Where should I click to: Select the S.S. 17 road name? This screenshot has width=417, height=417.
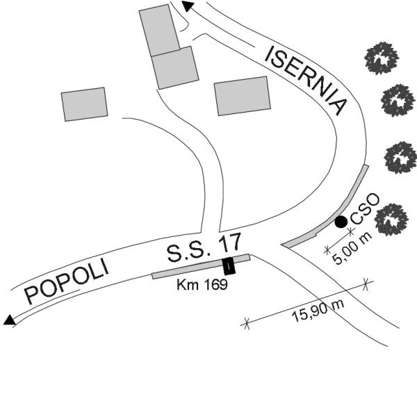point(204,247)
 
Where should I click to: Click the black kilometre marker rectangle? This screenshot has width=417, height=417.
point(229,266)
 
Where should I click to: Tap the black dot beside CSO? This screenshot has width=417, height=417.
point(341,222)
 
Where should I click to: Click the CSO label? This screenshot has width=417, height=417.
point(363,209)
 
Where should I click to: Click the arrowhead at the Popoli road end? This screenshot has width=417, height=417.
point(9,320)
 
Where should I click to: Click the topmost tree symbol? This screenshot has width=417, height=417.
point(381,57)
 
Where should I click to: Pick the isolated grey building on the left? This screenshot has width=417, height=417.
point(85,104)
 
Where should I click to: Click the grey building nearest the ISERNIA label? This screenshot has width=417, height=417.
point(242,96)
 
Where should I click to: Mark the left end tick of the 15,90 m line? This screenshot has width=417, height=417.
point(245,322)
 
